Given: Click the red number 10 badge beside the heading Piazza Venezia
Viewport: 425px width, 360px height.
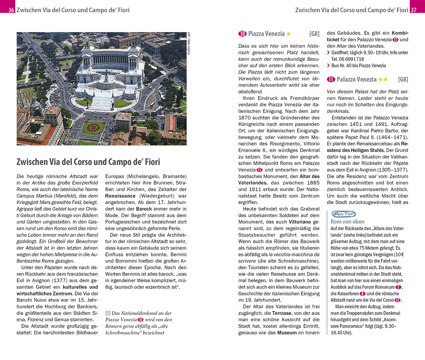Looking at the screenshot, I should (x=242, y=34).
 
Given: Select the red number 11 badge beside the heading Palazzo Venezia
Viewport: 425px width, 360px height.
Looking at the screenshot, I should (x=331, y=79).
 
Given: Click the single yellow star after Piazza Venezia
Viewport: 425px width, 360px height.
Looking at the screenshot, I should (x=288, y=34).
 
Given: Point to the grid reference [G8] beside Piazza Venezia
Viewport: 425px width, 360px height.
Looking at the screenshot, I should (x=314, y=34).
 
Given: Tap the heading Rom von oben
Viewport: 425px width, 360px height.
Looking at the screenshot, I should (x=347, y=222).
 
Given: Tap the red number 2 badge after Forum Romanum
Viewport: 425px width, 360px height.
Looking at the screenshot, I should (x=398, y=287).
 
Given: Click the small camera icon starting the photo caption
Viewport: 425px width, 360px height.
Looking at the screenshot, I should (x=108, y=313).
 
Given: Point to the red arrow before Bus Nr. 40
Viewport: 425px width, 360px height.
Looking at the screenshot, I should (x=328, y=66).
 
